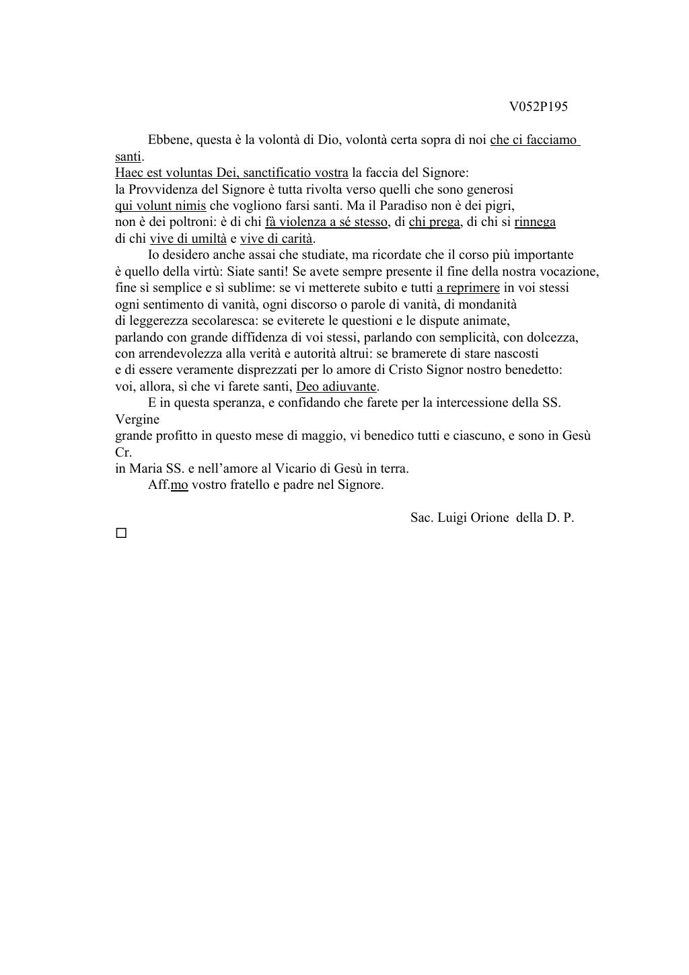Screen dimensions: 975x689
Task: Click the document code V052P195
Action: [x=538, y=106]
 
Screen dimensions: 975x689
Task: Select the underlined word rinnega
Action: [x=535, y=222]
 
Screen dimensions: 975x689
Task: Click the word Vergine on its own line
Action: [x=137, y=420]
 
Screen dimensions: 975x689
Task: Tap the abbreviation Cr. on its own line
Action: [x=123, y=452]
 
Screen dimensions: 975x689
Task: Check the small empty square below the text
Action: [x=121, y=533]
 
